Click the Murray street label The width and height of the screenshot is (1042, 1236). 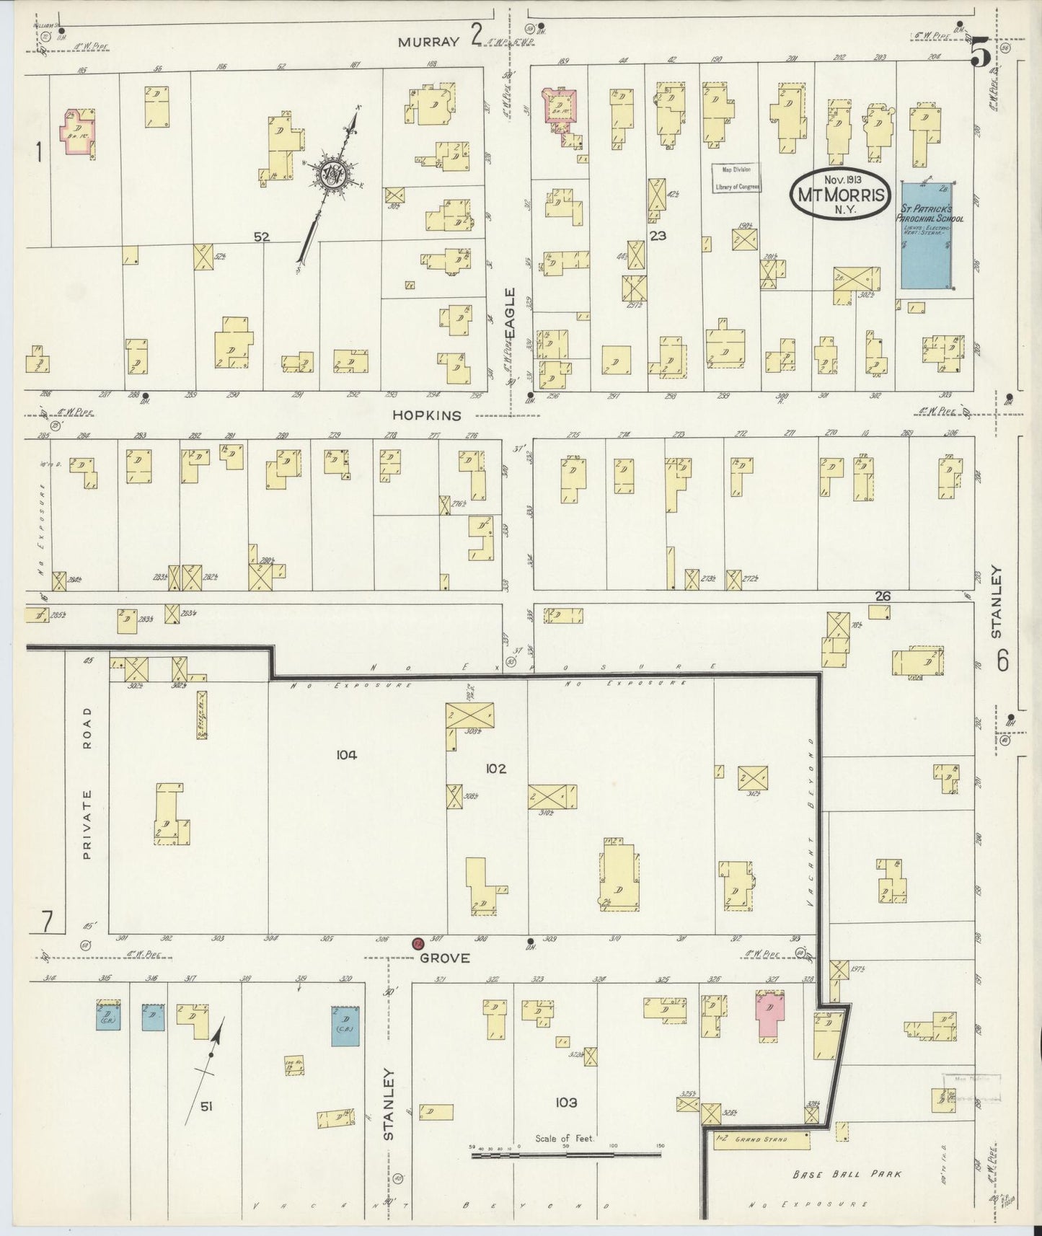429,42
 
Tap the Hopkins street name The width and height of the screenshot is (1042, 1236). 426,415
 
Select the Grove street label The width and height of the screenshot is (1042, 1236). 445,958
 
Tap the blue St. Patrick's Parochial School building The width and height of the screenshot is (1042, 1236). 926,234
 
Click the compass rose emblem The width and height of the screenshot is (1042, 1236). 332,174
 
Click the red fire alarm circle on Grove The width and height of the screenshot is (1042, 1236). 417,943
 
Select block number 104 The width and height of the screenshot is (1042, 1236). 346,755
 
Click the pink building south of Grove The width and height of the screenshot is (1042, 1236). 769,1012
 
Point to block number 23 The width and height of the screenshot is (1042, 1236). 658,235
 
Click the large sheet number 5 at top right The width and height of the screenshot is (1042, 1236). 979,52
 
